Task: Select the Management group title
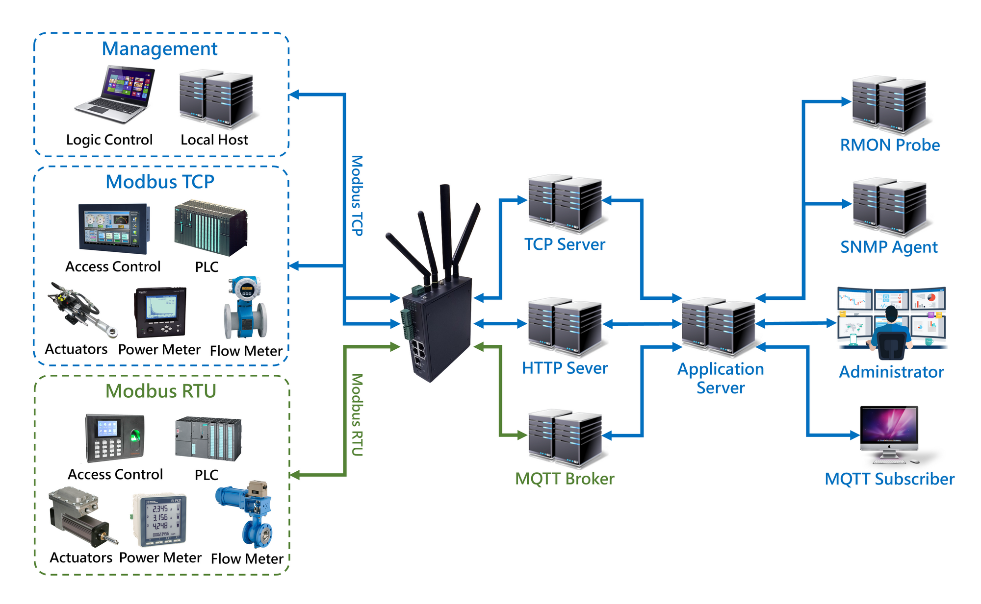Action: coord(159,49)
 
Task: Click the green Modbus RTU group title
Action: coord(161,391)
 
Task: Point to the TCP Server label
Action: coord(565,244)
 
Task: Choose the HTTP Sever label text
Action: coord(565,368)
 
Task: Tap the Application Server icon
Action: coord(719,326)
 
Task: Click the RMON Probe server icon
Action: coord(889,105)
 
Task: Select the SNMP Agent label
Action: coord(889,247)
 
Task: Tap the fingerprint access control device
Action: coord(115,438)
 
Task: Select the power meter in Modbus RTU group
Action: coord(160,520)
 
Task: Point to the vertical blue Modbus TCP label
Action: coord(357,196)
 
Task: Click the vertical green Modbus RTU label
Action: coord(357,414)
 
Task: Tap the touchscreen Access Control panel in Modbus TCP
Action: coord(114,229)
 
